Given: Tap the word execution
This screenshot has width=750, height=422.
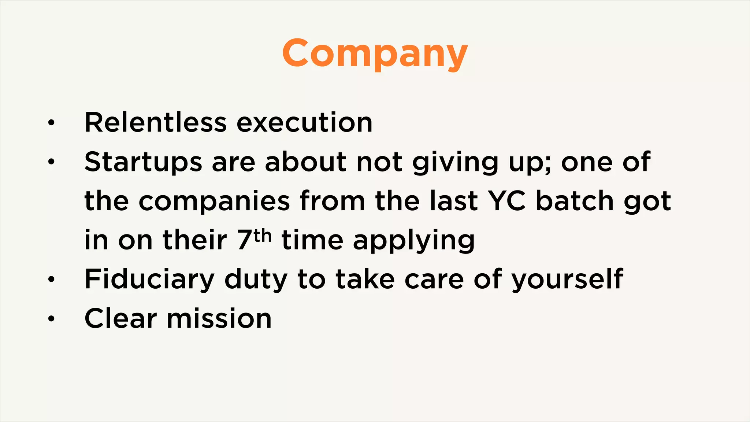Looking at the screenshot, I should pos(304,122).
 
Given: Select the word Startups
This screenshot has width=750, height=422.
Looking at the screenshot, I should pos(143,162).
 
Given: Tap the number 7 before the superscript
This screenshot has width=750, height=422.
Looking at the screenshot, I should pos(244,240).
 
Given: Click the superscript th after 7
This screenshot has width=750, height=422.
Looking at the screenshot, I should pos(263,235).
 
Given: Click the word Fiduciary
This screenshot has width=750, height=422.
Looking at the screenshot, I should pos(149,279).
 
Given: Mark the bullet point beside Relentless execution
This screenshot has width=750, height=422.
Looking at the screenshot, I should pos(51,123).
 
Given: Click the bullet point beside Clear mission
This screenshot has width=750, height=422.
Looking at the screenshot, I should pos(51,319).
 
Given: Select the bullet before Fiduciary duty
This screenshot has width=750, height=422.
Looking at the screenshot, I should pos(51,280).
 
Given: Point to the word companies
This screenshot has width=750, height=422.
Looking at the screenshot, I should pos(214,201).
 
